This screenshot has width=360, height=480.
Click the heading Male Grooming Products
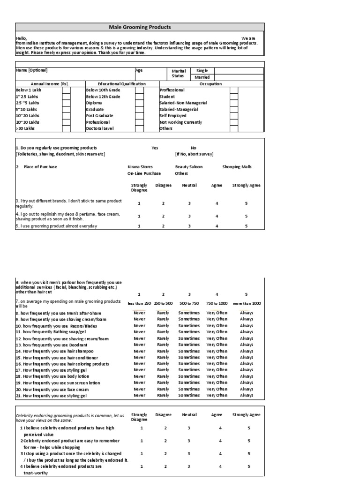[140, 27]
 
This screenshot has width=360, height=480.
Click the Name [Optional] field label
[31, 70]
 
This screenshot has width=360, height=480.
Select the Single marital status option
[202, 70]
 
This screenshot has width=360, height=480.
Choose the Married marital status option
[202, 77]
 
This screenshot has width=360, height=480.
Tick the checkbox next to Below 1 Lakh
[67, 90]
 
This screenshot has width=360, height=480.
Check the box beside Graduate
[139, 109]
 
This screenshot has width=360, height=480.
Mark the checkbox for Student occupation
[233, 97]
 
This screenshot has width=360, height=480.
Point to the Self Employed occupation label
[173, 116]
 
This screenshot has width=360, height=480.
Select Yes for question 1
[155, 148]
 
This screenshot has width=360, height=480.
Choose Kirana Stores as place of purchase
[140, 167]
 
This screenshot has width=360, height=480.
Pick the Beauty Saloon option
[189, 167]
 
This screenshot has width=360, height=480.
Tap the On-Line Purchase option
[143, 173]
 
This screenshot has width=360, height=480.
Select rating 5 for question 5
[246, 226]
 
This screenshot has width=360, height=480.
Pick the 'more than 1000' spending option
[246, 303]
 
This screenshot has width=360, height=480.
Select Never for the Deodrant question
[139, 345]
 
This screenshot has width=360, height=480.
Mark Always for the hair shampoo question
[246, 351]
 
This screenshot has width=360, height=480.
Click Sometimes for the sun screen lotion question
[189, 382]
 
